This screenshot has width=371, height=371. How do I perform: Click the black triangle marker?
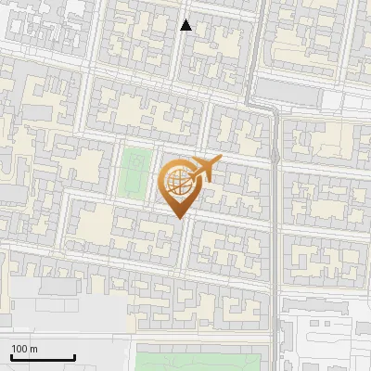pos(185,25)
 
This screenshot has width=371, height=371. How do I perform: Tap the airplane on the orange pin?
pos(202,169)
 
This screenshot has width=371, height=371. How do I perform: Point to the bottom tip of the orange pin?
pos(181,218)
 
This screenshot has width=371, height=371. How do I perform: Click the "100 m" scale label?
pos(24,349)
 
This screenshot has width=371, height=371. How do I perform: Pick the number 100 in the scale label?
pos(19,349)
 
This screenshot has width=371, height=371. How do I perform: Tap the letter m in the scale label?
pos(34,350)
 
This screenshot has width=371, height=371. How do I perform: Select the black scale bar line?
pos(43,358)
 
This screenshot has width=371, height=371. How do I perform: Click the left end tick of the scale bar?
pos(11,356)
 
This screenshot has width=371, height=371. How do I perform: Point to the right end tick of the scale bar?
pos(74,356)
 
